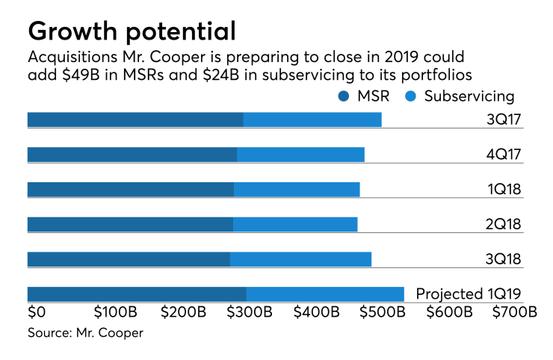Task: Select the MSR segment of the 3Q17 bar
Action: (135, 120)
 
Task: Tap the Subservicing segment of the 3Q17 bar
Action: (312, 120)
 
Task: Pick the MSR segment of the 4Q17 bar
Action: (132, 155)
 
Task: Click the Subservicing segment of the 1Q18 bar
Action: (297, 190)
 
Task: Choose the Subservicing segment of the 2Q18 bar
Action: (295, 224)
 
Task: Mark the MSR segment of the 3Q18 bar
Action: (129, 259)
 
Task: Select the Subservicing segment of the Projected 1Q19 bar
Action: (325, 294)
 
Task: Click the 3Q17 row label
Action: (503, 118)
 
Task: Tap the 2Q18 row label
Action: (503, 223)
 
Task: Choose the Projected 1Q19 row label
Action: (468, 294)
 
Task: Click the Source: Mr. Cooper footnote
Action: (85, 333)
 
